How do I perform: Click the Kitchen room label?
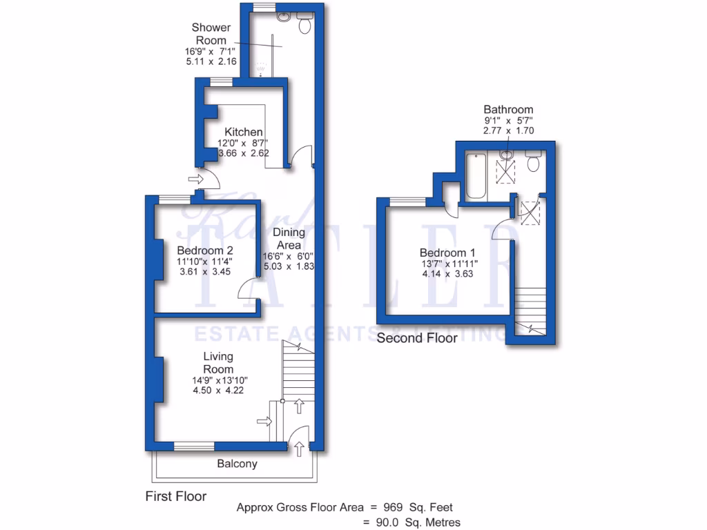click(x=244, y=132)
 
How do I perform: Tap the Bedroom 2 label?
click(x=204, y=250)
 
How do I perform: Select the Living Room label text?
click(x=218, y=362)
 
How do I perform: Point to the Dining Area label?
click(x=289, y=239)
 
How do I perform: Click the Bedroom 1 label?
click(x=447, y=253)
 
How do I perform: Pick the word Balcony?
click(x=237, y=464)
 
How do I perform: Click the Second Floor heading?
click(x=417, y=338)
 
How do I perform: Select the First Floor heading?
click(x=176, y=495)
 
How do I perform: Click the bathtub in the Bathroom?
click(x=476, y=178)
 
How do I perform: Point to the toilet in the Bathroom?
click(x=533, y=164)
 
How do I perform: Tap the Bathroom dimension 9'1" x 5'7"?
click(x=508, y=120)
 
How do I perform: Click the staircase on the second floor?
click(x=530, y=306)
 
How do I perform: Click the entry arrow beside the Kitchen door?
click(x=195, y=179)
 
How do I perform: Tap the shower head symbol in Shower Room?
click(x=262, y=68)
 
